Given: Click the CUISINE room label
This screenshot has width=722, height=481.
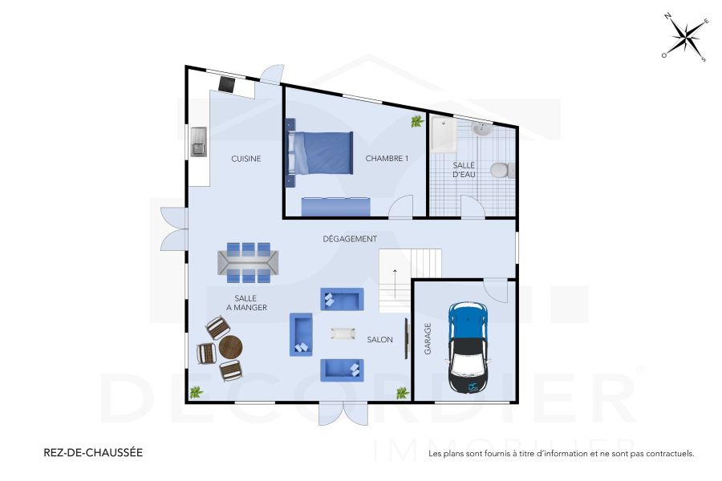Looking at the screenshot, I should coord(245,159).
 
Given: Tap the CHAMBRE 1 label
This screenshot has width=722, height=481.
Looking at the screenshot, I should coord(387,159).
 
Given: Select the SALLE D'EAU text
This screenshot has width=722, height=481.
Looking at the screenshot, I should coord(465,168).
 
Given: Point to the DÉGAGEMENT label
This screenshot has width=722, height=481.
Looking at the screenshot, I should coord(350,239).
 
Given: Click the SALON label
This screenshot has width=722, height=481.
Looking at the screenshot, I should coord(379,340).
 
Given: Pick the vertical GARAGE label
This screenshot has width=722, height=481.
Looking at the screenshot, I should coord(428,339).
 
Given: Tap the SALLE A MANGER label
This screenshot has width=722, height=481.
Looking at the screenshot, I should coord(245,302).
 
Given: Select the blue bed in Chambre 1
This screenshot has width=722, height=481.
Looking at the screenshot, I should coord(321,152).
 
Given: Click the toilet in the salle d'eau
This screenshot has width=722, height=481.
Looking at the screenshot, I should coord(500,170).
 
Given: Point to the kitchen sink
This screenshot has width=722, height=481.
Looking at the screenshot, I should coord(198,143).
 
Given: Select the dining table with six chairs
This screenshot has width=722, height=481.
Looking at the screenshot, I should coord(248,262).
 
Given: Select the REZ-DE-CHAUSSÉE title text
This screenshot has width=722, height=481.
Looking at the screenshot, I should coord(92,452).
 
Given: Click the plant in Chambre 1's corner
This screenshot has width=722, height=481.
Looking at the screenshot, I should coord(416,122).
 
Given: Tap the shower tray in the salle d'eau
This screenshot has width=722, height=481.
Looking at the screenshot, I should coord(443,133).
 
